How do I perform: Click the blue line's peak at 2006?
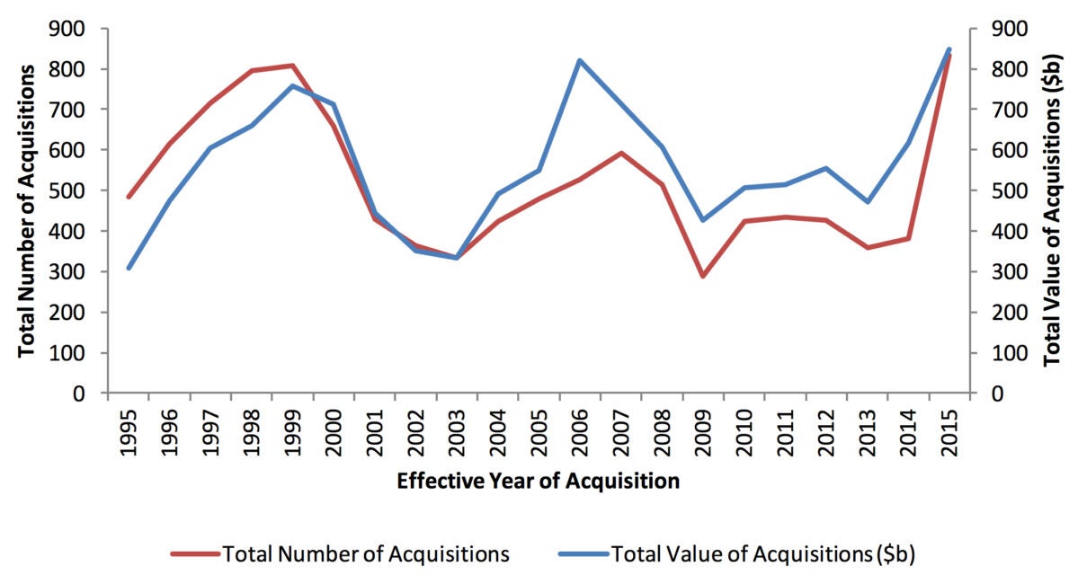(580, 60)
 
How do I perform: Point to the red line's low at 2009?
(703, 276)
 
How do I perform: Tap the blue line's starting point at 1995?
(129, 268)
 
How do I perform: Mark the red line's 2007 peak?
(620, 153)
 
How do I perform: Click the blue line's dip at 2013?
(867, 202)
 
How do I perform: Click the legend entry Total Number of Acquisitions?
(365, 554)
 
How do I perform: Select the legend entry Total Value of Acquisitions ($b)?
(762, 554)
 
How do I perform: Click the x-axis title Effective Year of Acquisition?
(538, 482)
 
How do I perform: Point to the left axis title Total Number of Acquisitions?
(27, 210)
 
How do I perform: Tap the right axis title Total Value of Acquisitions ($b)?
(1051, 210)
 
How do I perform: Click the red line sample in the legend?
(194, 554)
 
